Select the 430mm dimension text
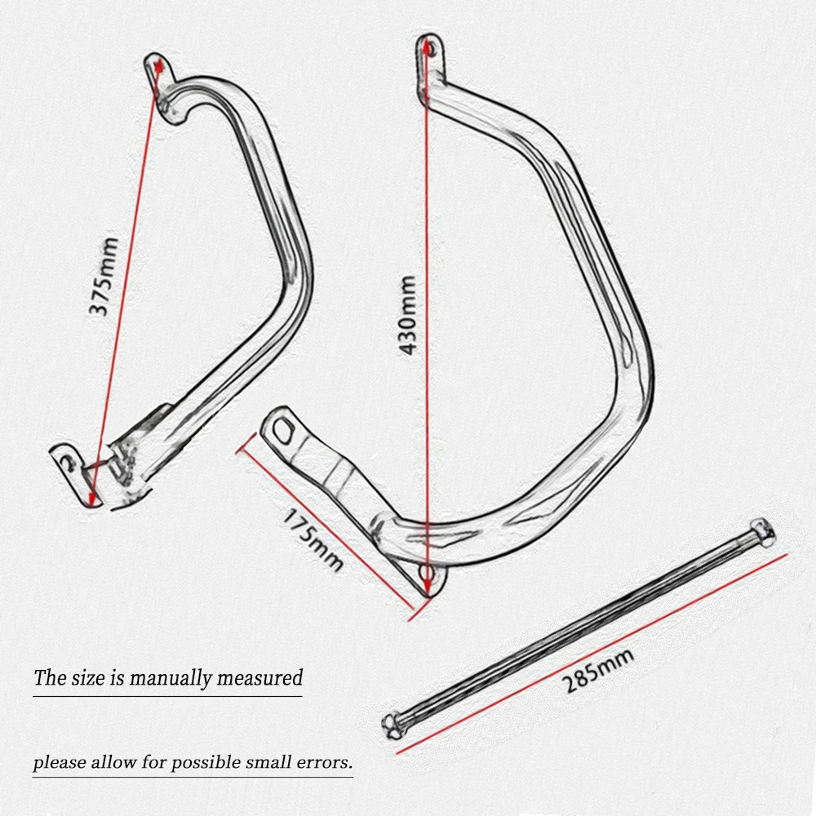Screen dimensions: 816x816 pos(408,314)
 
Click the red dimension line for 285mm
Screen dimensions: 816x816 pos(592,653)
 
